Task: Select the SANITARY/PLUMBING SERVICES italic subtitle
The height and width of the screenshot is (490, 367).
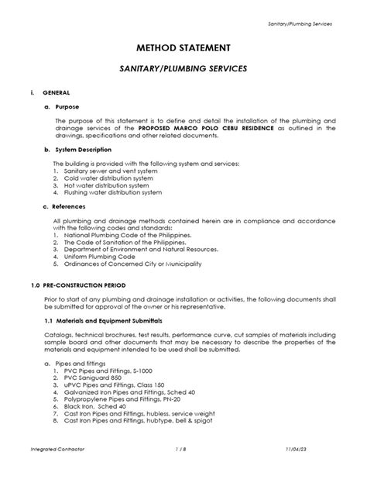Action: pos(183,69)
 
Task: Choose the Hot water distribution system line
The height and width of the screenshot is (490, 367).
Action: pos(105,185)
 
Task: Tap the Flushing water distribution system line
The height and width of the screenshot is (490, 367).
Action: pos(112,192)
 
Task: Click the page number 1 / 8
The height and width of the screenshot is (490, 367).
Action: pos(183,470)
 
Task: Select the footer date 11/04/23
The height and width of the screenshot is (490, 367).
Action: pos(317,470)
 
